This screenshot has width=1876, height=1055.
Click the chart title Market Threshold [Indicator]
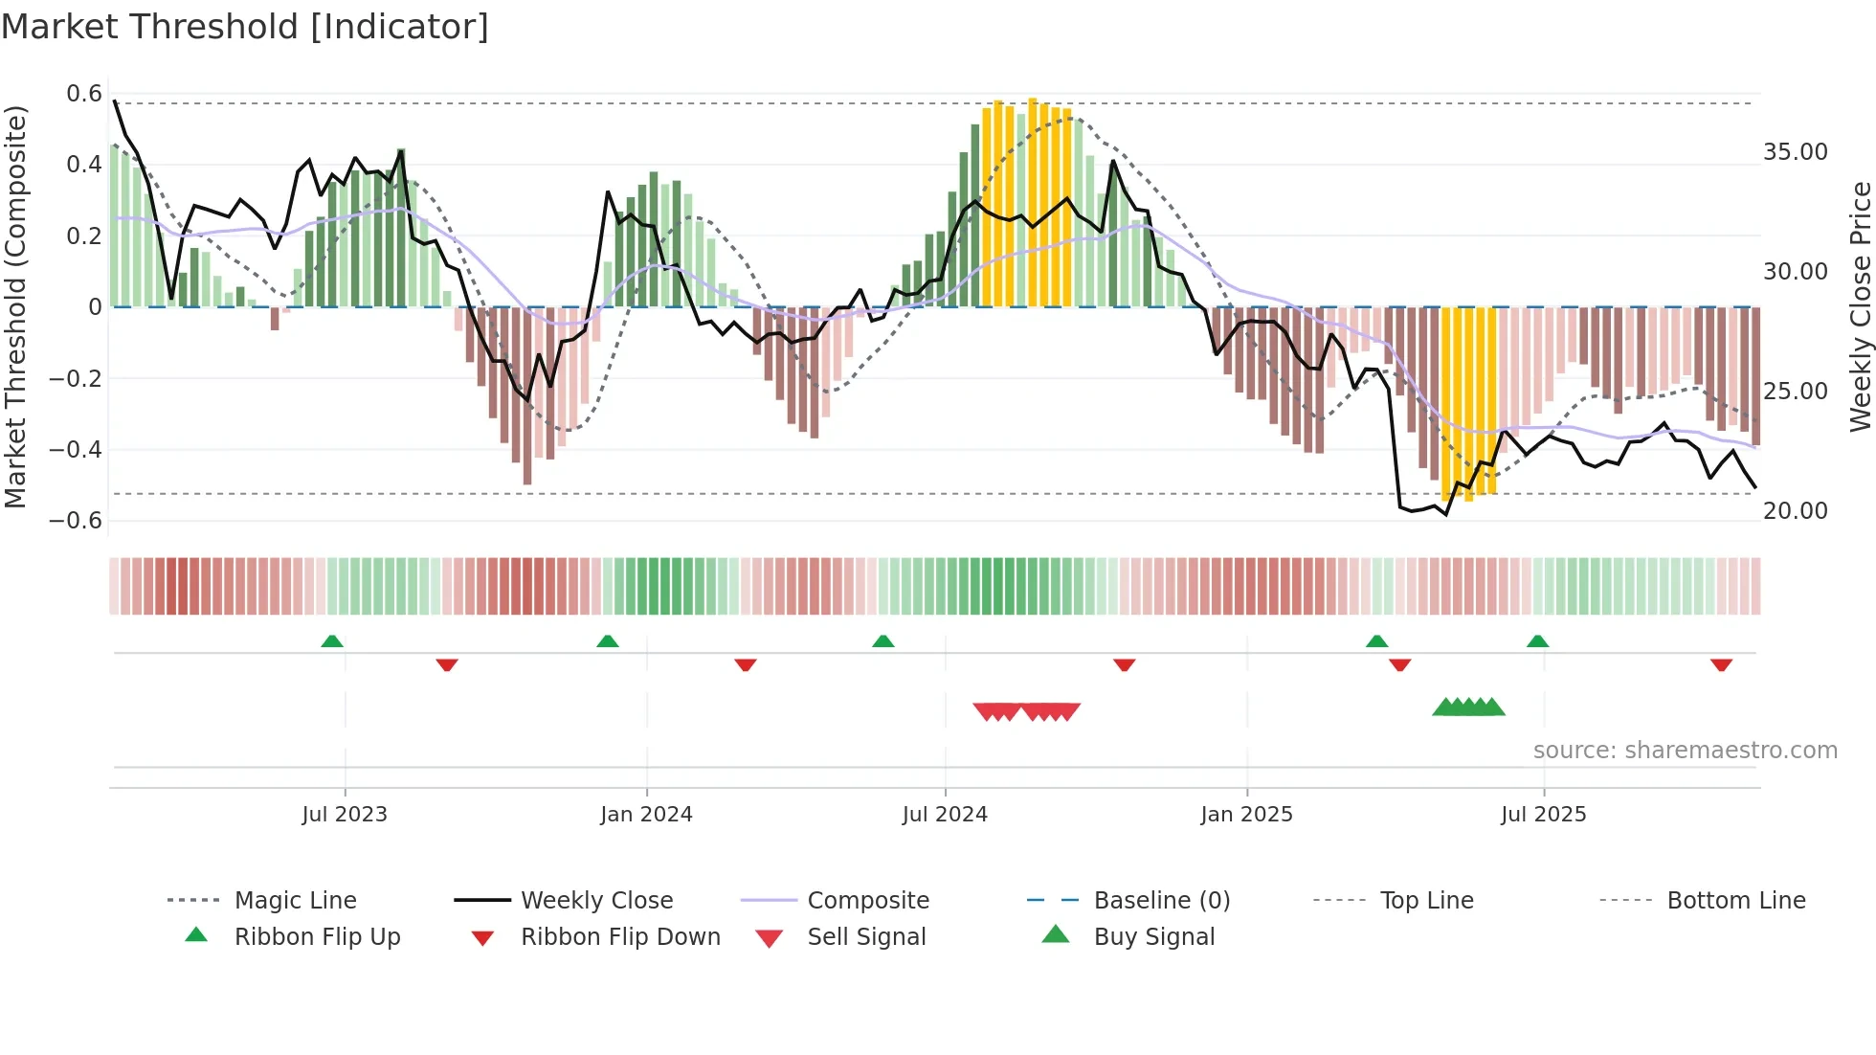[245, 27]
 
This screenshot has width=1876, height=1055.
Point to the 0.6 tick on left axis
[84, 94]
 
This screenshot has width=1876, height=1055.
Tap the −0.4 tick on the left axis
[76, 449]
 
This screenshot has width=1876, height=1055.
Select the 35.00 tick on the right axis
[1795, 152]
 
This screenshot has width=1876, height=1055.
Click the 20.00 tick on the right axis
[1795, 511]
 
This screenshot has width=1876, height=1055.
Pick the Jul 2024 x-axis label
[945, 815]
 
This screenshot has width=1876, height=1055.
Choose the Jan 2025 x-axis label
[1246, 815]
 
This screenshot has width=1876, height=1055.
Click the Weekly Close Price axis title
[1860, 306]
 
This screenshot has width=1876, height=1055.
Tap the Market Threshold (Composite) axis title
[15, 306]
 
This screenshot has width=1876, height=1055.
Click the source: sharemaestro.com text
[1685, 751]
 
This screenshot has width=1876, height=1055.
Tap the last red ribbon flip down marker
[1721, 664]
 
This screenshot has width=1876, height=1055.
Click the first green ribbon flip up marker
[332, 641]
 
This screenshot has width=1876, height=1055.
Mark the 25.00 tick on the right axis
[1795, 392]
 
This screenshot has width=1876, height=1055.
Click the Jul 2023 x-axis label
[345, 815]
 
